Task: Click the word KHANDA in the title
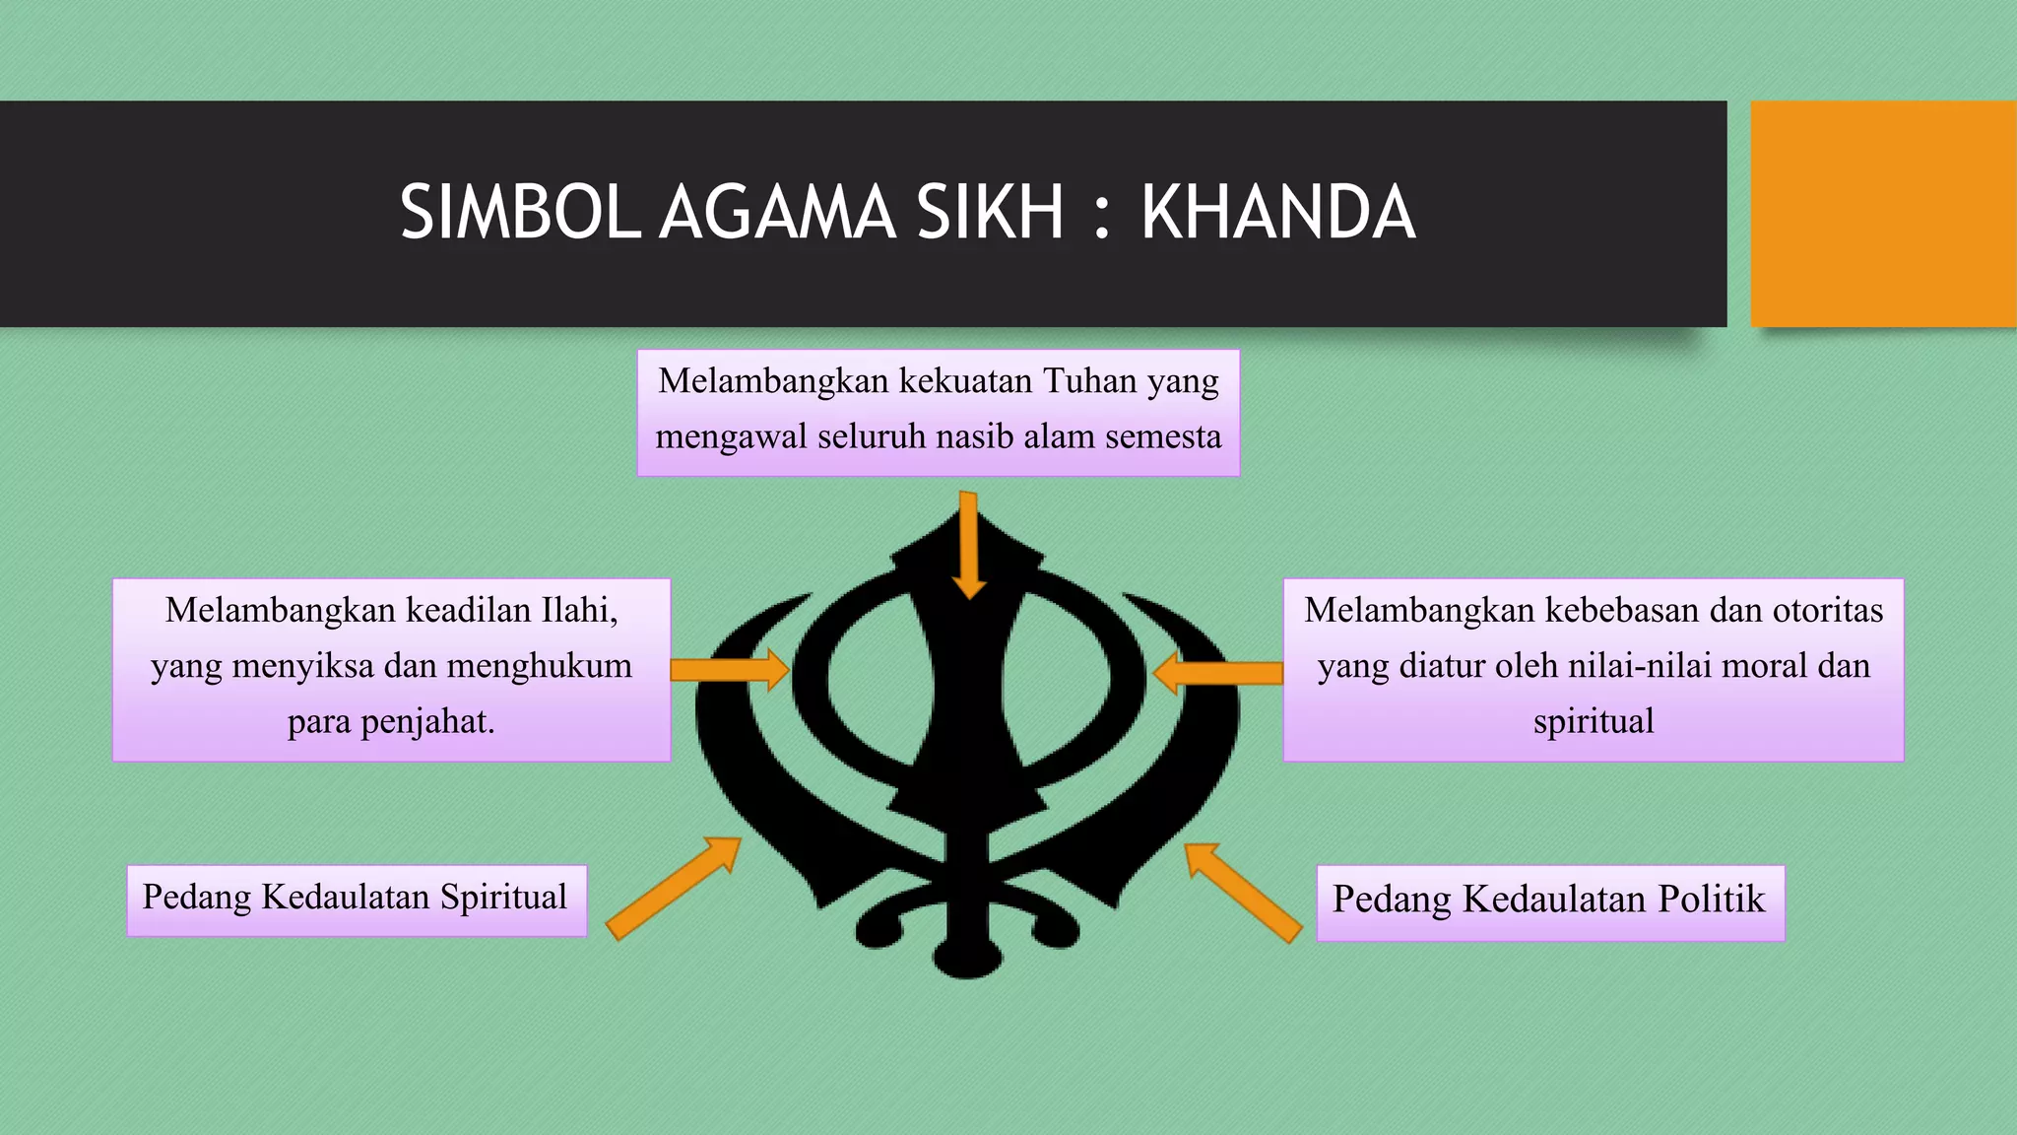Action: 1277,213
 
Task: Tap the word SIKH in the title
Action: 990,213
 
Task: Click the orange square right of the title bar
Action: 1883,213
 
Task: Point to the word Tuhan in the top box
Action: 1088,380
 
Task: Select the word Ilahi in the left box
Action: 579,611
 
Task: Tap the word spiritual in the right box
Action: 1594,721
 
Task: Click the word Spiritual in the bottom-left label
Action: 503,898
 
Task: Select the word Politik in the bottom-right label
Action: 1712,900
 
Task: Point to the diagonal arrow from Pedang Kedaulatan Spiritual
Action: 674,888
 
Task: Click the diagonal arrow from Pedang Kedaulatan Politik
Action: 1242,892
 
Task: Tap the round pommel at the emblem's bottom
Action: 968,958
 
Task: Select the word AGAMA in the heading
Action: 777,213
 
